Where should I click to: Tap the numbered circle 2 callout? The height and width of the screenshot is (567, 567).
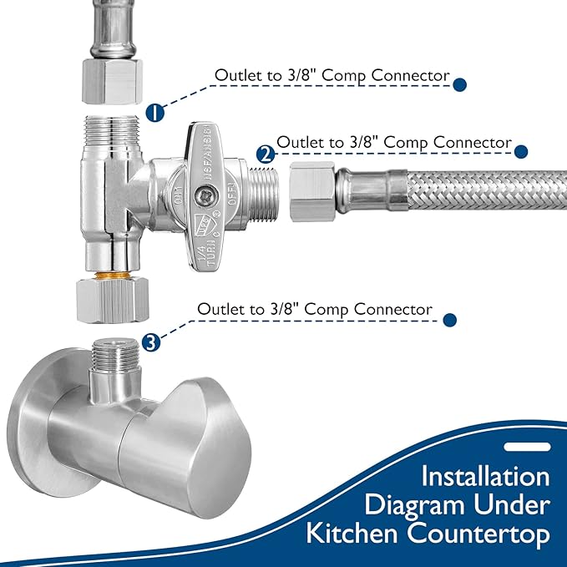coord(266,154)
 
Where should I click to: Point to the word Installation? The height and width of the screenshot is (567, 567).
coord(485,477)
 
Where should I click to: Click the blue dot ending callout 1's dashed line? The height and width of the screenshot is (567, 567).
coord(458,84)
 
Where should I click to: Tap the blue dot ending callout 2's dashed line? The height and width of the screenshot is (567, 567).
coord(521,152)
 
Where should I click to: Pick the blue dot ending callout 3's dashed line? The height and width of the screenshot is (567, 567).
coord(449,319)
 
